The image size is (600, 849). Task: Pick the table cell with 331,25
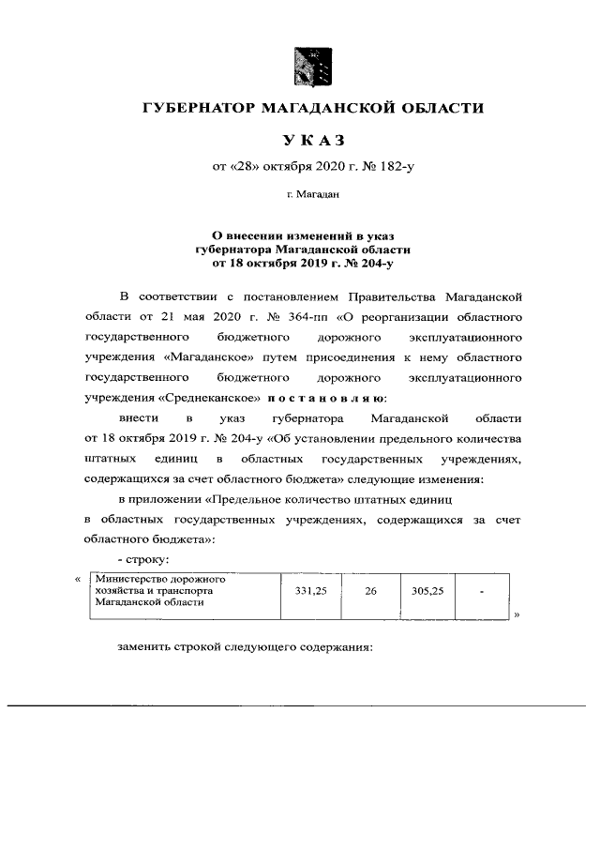pyautogui.click(x=310, y=593)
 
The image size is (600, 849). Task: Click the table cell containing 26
pyautogui.click(x=369, y=593)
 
